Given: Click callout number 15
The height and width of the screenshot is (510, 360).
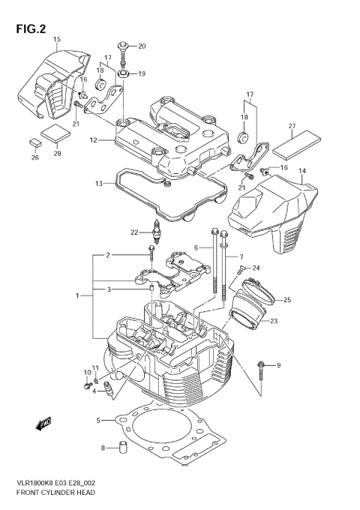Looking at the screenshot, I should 57,38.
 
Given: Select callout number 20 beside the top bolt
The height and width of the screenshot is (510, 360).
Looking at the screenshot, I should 142,46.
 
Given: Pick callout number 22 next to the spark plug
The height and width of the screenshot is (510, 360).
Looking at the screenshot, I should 134,232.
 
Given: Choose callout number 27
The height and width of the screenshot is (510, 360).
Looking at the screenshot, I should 292,126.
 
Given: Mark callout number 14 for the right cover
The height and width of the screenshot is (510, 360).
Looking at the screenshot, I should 302,171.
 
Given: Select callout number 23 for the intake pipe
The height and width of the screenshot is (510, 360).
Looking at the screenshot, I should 274,321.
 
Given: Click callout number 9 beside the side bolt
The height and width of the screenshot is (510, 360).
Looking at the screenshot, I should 277,365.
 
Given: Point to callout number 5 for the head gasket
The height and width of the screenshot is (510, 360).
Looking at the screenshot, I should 98,421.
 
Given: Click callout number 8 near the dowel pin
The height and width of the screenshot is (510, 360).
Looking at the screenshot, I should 103,448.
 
